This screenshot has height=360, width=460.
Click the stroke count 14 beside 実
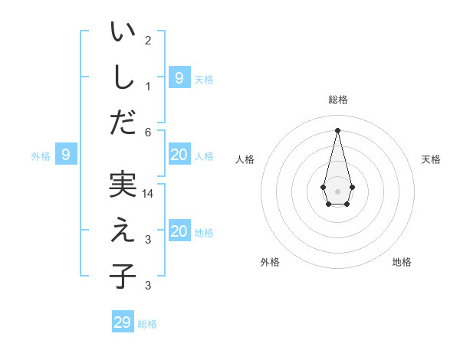(148, 195)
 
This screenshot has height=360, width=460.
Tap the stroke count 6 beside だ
(148, 132)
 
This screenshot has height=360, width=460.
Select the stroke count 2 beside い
(148, 41)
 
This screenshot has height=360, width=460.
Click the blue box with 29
(123, 322)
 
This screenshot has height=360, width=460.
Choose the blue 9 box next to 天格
(179, 77)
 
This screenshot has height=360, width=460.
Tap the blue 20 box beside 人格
(179, 155)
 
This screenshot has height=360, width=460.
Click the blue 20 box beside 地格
(179, 231)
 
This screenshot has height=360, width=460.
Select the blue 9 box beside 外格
(66, 155)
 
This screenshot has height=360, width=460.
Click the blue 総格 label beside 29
(147, 324)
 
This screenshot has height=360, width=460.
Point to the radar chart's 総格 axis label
(337, 100)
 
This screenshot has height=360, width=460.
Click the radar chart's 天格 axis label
(432, 159)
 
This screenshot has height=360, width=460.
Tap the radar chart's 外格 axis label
(270, 262)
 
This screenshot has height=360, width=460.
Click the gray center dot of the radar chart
(337, 191)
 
